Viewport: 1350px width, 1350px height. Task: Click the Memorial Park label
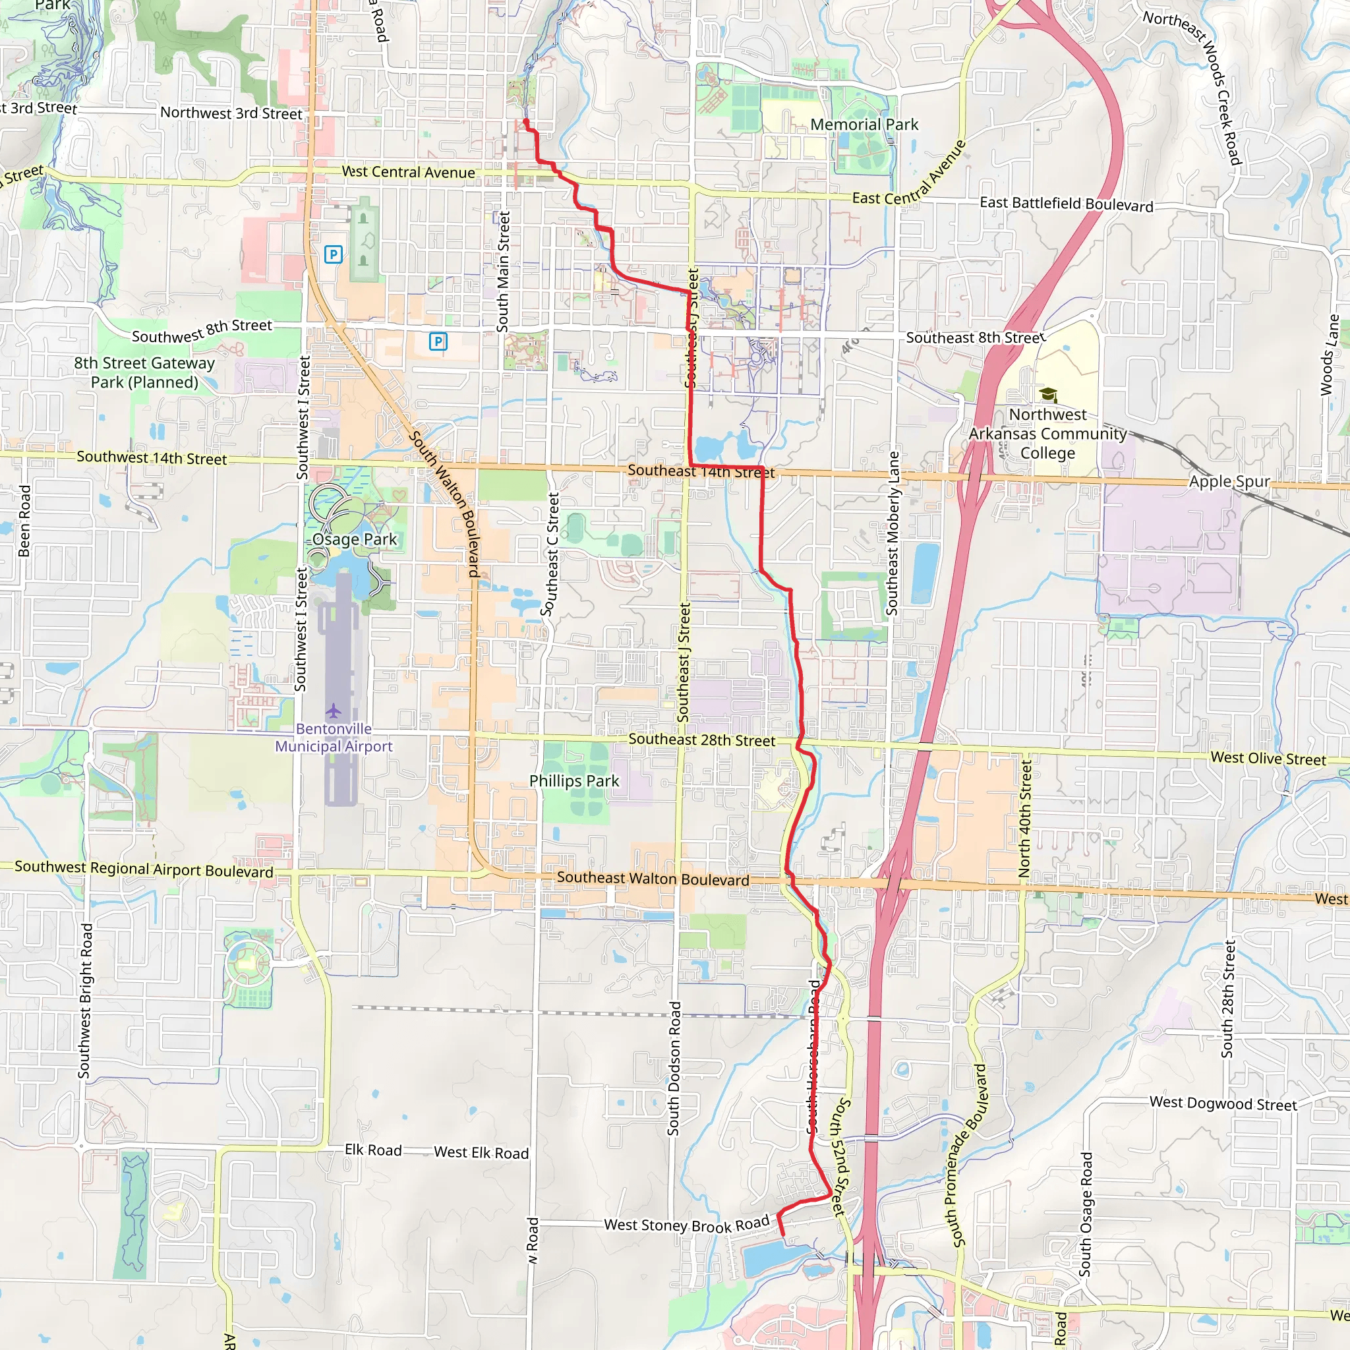point(864,125)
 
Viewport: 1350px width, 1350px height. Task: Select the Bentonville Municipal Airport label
point(334,737)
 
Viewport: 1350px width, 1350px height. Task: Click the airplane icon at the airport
point(334,711)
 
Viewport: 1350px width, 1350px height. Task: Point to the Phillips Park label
point(573,781)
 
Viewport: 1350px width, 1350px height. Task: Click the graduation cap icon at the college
point(1047,395)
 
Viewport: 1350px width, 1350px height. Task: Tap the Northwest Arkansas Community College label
point(1047,433)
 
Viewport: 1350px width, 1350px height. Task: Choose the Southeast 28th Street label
point(701,740)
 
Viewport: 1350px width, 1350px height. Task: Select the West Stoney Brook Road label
point(686,1225)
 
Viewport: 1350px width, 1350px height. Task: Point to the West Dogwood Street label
point(1223,1103)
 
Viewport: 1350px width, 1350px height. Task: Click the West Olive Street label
point(1268,758)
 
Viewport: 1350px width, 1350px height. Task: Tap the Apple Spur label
point(1229,481)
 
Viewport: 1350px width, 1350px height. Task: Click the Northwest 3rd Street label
point(231,113)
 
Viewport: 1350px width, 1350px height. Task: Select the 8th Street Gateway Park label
point(144,372)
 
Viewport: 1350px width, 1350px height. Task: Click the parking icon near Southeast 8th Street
point(438,341)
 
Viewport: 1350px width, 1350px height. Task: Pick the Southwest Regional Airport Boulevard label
point(144,869)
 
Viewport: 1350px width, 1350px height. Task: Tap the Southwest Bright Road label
point(84,1001)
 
